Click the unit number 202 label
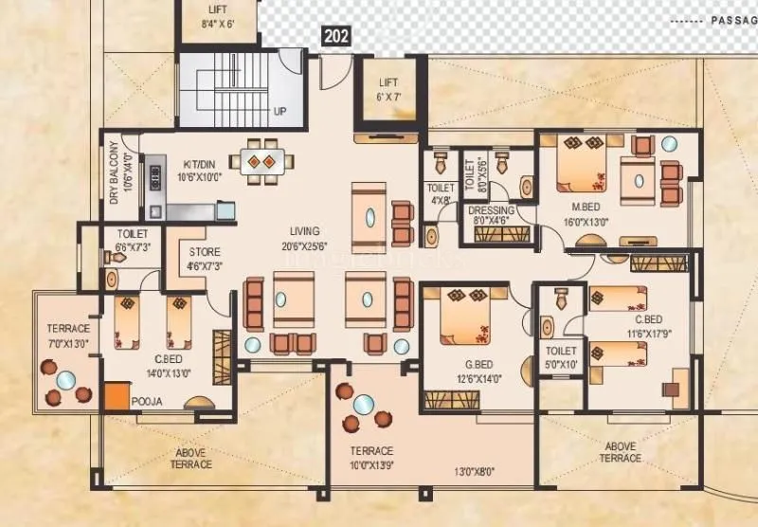click(x=336, y=37)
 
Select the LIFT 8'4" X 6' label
click(x=217, y=17)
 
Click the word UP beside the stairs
click(x=280, y=111)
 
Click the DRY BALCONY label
click(x=115, y=173)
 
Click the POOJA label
click(x=148, y=402)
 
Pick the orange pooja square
click(x=117, y=395)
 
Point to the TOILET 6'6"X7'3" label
click(x=132, y=240)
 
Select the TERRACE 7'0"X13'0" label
click(x=63, y=336)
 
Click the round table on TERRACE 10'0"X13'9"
click(x=362, y=404)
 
